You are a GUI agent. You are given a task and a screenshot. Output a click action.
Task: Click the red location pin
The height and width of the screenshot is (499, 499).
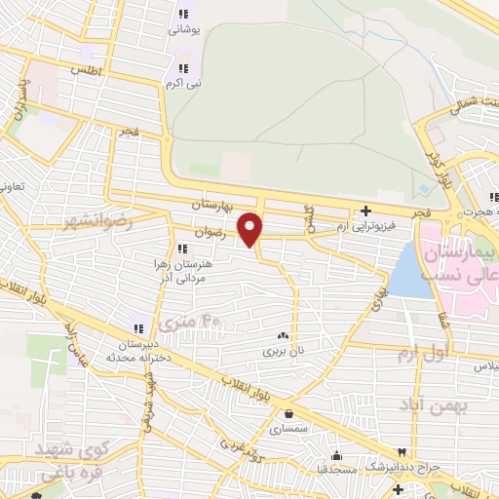250,229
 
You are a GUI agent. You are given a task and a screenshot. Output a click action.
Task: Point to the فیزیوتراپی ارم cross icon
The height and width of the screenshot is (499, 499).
365,211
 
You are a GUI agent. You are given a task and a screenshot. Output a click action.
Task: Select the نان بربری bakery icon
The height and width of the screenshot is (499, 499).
283,334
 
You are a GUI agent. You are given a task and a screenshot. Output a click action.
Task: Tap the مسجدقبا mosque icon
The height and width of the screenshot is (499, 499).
337,455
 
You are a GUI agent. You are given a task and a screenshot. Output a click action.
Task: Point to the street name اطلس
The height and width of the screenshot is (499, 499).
85,71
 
